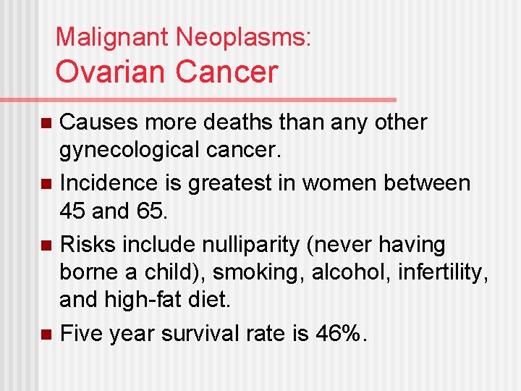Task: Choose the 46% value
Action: point(342,333)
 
